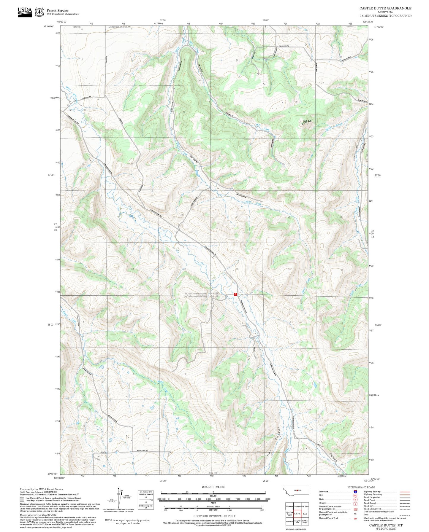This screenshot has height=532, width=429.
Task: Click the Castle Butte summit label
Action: tap(307, 121)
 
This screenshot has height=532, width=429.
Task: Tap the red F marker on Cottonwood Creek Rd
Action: tap(235, 294)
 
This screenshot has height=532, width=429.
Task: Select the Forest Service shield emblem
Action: tap(39, 12)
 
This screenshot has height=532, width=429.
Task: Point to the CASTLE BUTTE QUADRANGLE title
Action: tap(385, 8)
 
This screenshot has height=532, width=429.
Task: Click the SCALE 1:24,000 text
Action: tap(213, 487)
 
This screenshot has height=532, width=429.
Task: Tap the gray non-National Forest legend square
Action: tap(22, 499)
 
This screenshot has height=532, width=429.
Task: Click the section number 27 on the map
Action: tap(237, 217)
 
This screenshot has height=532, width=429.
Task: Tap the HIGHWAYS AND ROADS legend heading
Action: tap(361, 487)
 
